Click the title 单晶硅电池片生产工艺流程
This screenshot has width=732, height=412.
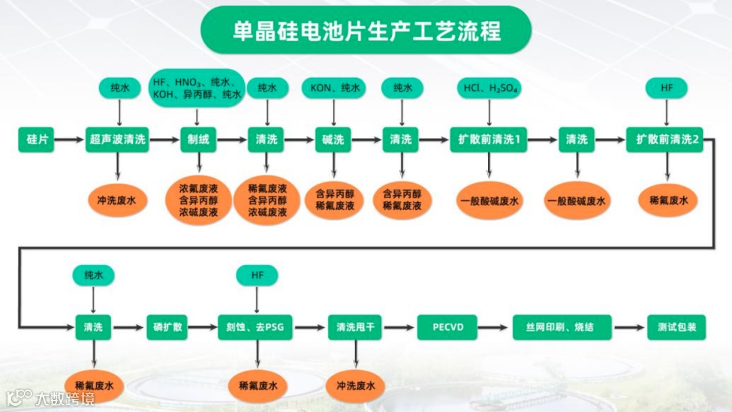366,30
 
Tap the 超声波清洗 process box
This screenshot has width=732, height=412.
117,140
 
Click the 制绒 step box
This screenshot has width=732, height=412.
199,140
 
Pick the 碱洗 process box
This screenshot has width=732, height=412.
333,140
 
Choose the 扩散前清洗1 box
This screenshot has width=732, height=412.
489,140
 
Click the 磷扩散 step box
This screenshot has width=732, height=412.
167,327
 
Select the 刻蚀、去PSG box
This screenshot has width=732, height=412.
256,327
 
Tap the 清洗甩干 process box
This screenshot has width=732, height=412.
356,327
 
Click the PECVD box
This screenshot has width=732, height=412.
449,327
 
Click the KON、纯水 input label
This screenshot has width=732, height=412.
334,88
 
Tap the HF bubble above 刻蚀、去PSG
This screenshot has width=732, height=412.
257,275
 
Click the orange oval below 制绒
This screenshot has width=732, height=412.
199,201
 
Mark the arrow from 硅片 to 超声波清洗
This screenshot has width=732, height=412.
65,140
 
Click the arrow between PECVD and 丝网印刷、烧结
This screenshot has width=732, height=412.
494,327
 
